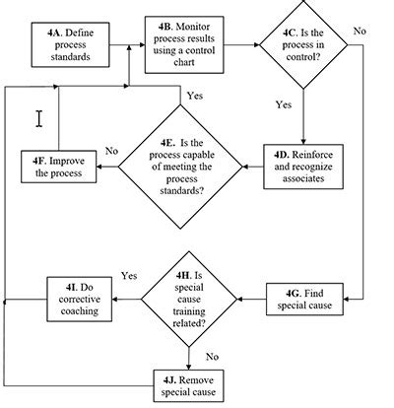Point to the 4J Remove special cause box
click(x=190, y=382)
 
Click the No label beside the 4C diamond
click(x=360, y=32)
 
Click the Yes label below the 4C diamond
click(x=284, y=102)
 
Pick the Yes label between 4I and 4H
click(x=128, y=275)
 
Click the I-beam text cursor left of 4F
click(x=39, y=118)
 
